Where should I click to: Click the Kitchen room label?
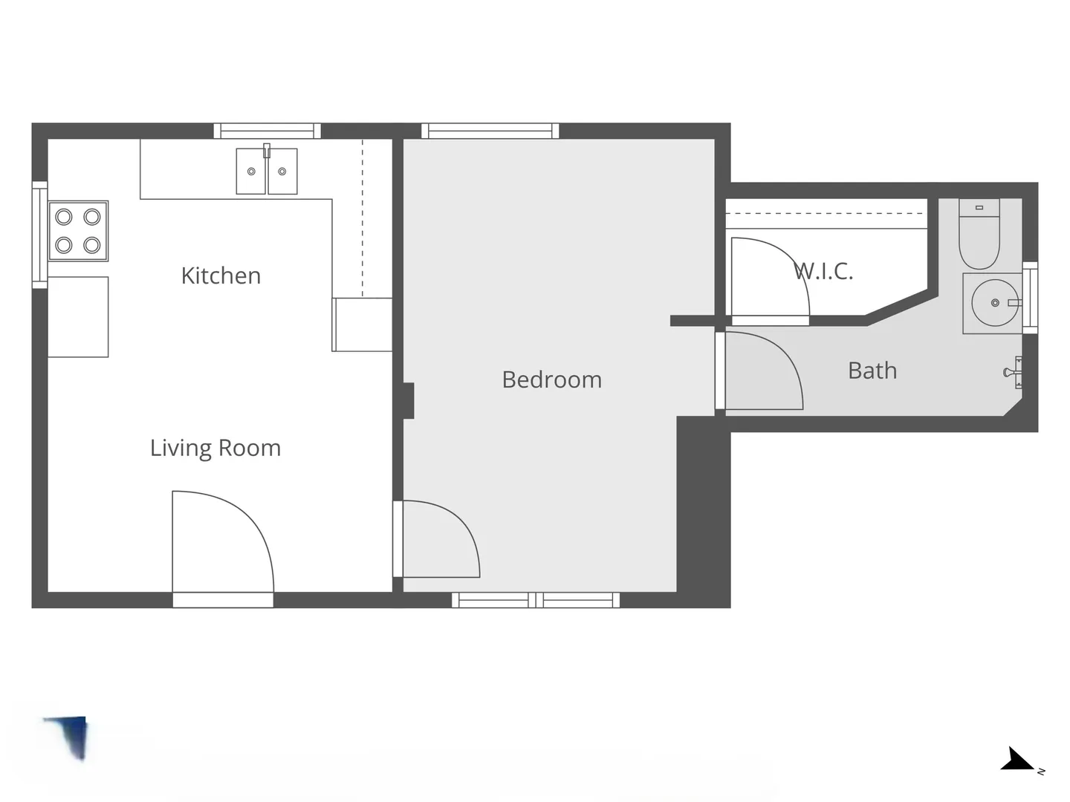[x=221, y=276]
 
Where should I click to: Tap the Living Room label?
[x=215, y=449]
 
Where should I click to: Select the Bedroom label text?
[x=552, y=379]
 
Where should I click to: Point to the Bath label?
[x=872, y=371]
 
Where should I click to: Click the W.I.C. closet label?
[x=823, y=271]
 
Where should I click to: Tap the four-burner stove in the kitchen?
[x=78, y=231]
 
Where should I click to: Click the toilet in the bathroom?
[x=979, y=234]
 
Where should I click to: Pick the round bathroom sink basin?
[x=994, y=303]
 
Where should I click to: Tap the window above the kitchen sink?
[x=267, y=131]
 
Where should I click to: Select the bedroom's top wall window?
[x=490, y=131]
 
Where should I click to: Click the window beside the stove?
[x=40, y=235]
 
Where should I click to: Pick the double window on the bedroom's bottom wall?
[x=536, y=600]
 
